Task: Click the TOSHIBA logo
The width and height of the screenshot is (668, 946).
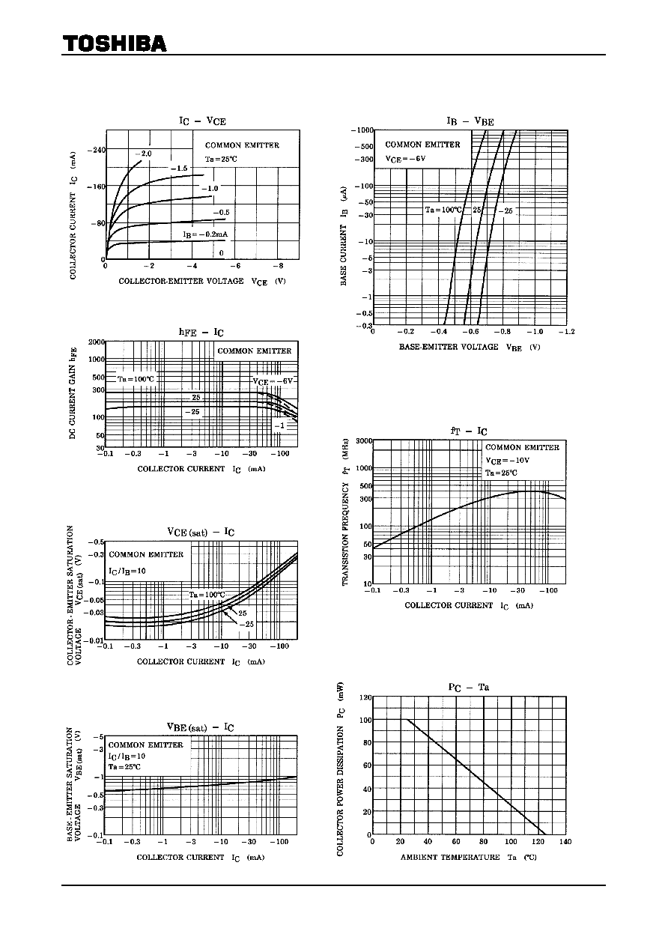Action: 115,44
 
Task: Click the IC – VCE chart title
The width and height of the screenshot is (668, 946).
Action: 201,121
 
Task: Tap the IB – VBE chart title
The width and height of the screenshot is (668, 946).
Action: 470,121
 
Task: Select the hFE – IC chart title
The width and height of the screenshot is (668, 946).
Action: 201,332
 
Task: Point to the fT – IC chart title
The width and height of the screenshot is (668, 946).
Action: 469,431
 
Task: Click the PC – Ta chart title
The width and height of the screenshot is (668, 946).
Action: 469,687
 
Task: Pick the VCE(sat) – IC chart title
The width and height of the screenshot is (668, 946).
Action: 201,532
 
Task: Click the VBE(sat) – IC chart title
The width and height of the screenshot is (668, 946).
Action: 201,727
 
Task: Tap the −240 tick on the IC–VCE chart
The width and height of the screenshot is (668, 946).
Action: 97,150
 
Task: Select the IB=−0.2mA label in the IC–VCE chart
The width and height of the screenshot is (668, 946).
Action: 205,234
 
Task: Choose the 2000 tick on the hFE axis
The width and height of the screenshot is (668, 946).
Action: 97,342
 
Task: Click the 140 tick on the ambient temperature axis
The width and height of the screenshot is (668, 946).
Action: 565,842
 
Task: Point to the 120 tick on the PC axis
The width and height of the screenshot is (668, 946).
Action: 364,697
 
